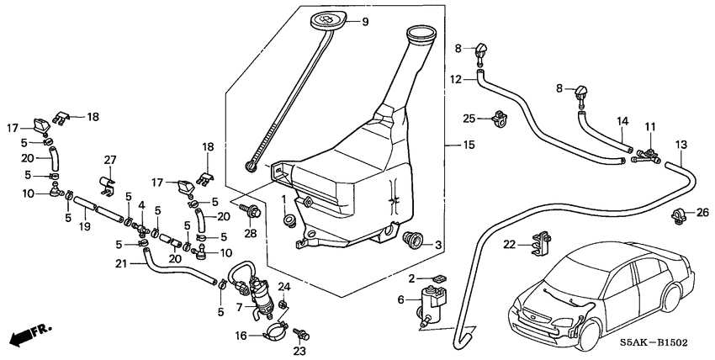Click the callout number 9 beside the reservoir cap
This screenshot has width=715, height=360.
(366, 22)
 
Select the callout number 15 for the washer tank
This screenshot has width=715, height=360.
(469, 145)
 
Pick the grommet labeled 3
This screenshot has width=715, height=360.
(413, 240)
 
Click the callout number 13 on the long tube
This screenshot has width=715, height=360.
(681, 144)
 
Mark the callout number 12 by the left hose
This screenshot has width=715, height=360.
(455, 80)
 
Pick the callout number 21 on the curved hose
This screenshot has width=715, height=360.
(121, 264)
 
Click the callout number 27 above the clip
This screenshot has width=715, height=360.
(109, 159)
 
